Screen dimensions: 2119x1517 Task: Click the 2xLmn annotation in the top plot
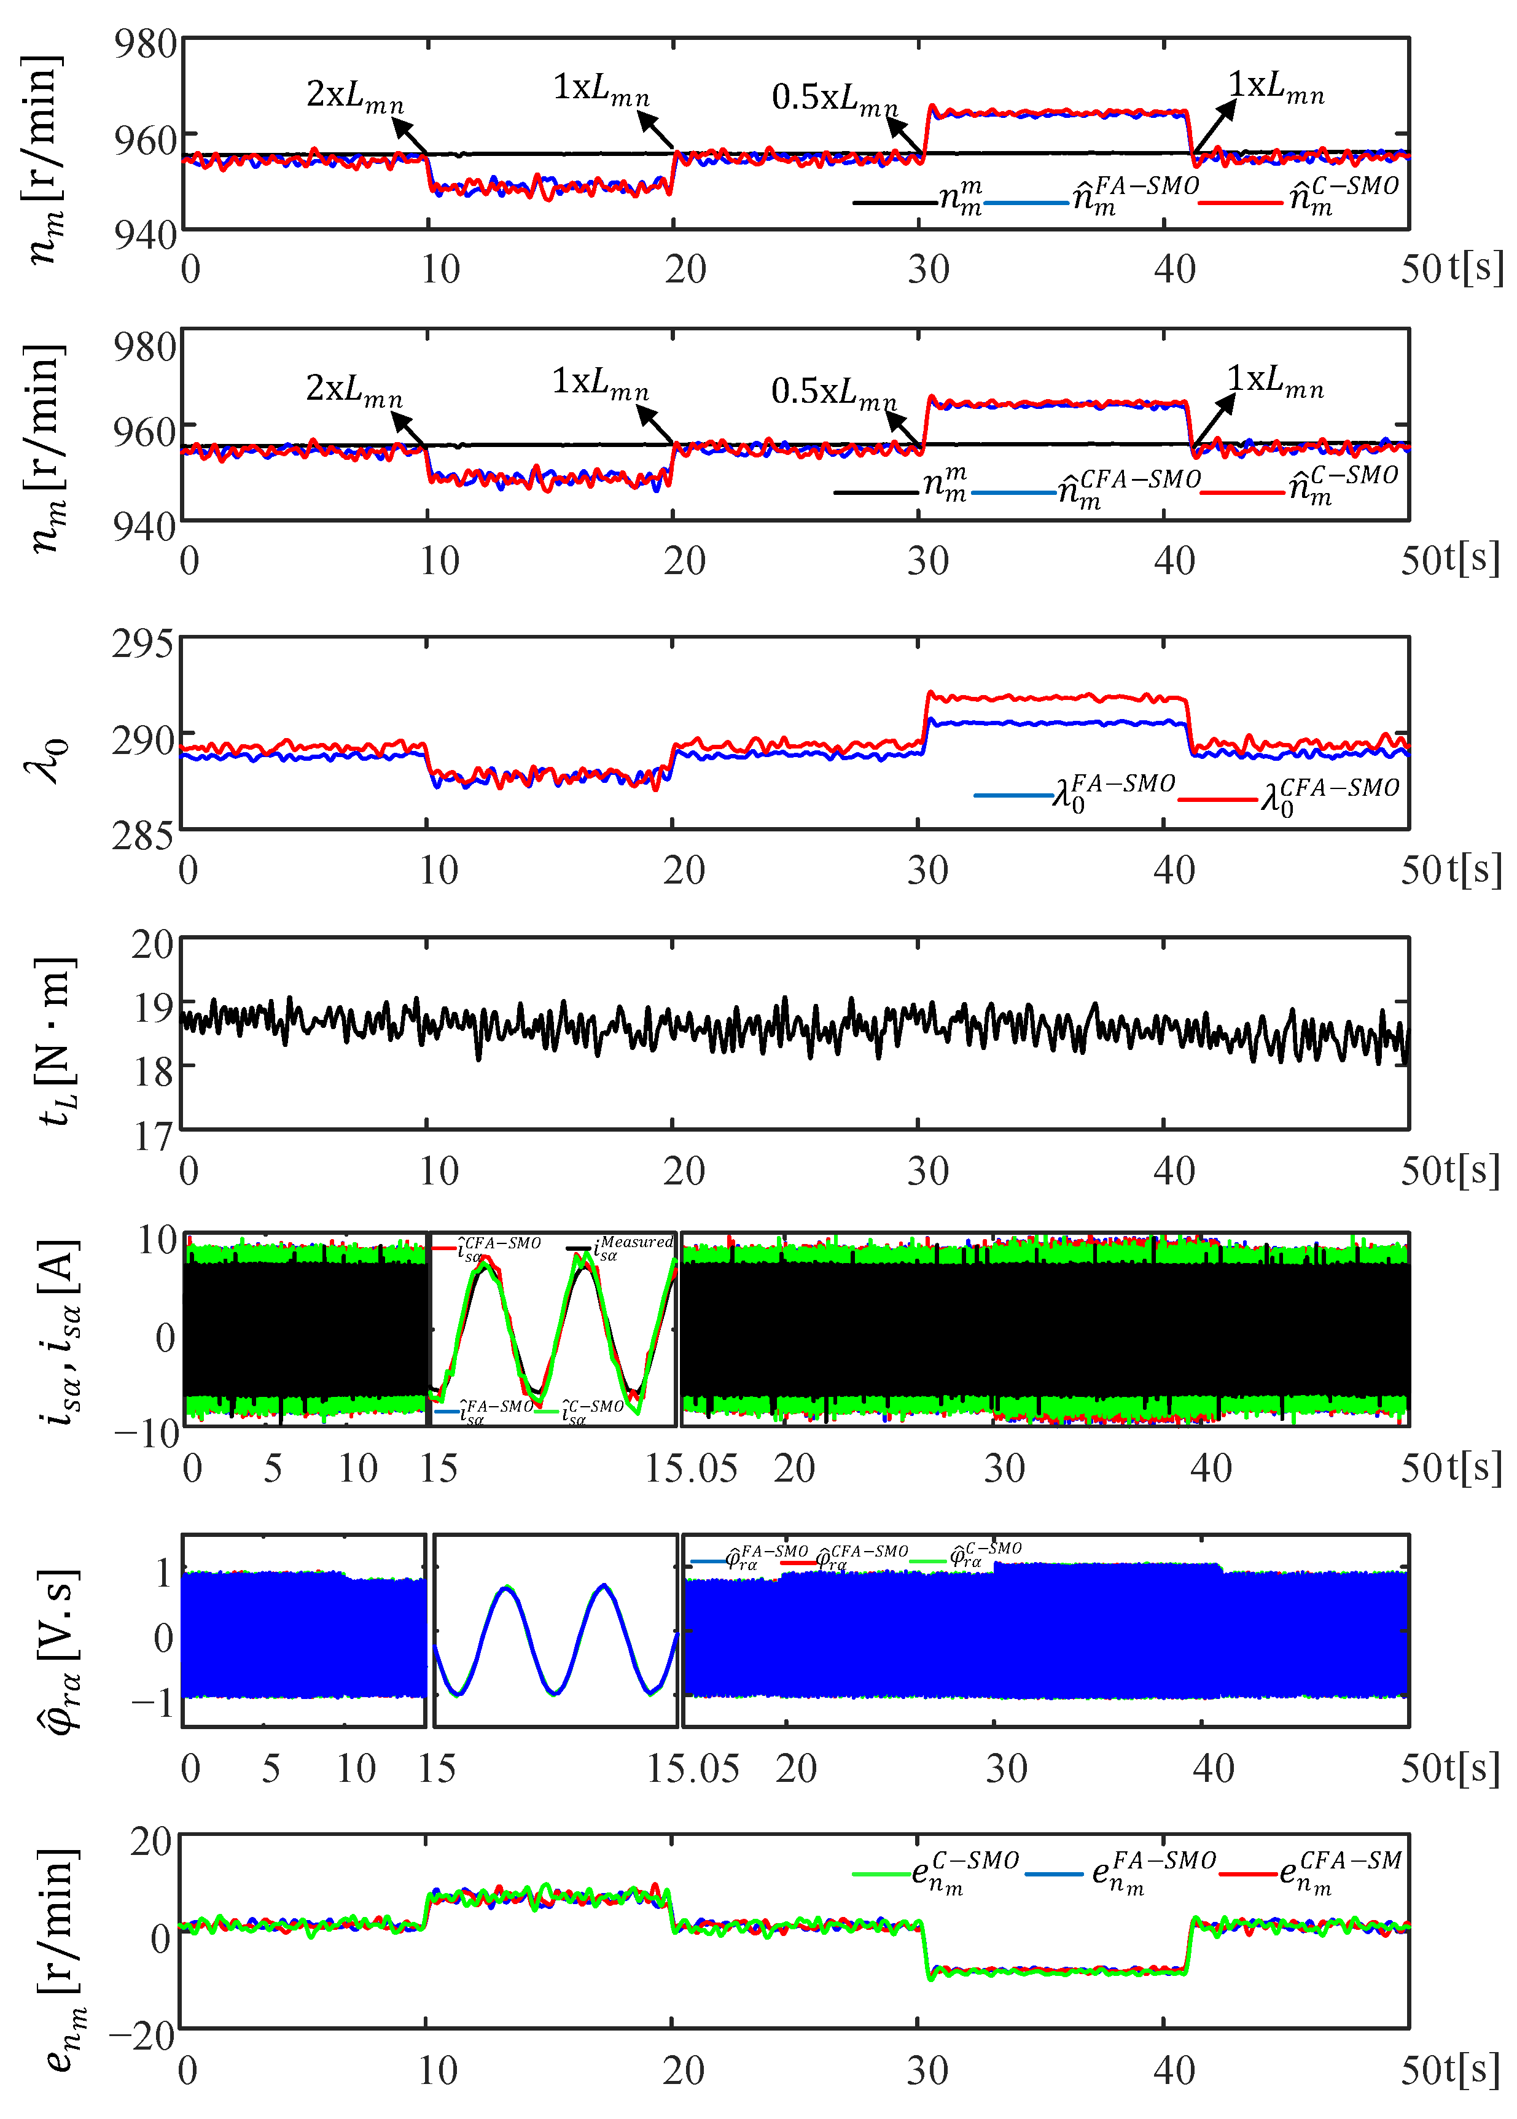click(355, 95)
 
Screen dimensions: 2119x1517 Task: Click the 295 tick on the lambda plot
click(142, 644)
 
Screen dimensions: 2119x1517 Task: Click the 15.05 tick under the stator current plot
click(691, 1468)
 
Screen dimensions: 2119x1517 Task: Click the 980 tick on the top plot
click(145, 44)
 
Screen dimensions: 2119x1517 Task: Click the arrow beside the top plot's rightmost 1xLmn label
click(1214, 125)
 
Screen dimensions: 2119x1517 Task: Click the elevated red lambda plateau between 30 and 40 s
click(1056, 697)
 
